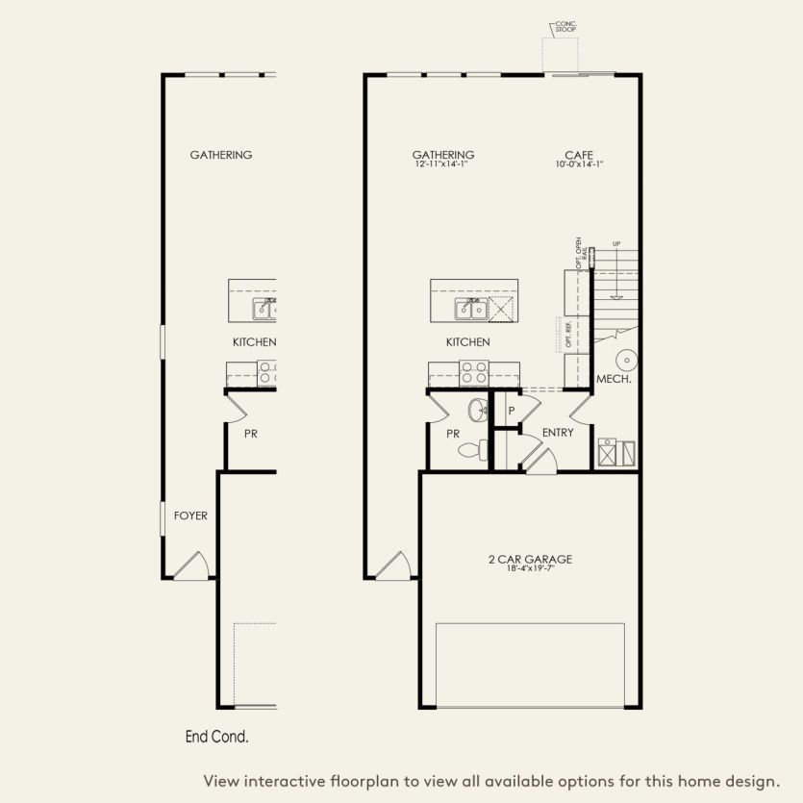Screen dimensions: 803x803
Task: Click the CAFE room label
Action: coord(579,154)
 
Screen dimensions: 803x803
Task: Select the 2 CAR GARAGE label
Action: coord(529,559)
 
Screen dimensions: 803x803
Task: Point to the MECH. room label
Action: coord(614,380)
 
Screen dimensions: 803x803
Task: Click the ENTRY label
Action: coord(558,433)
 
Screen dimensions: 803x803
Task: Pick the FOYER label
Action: coord(190,515)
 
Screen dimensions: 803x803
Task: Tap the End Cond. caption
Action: coord(216,738)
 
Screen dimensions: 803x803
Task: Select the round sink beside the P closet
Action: coord(478,412)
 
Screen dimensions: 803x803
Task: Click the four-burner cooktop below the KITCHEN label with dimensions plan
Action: coord(473,372)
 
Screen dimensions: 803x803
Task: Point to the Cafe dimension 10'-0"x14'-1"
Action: coord(579,164)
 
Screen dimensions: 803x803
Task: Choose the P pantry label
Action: coord(512,411)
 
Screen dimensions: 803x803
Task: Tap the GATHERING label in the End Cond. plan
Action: coord(221,155)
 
